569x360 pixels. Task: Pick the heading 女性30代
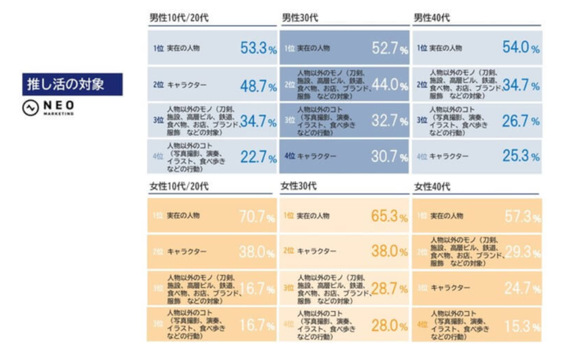[x=299, y=187]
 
